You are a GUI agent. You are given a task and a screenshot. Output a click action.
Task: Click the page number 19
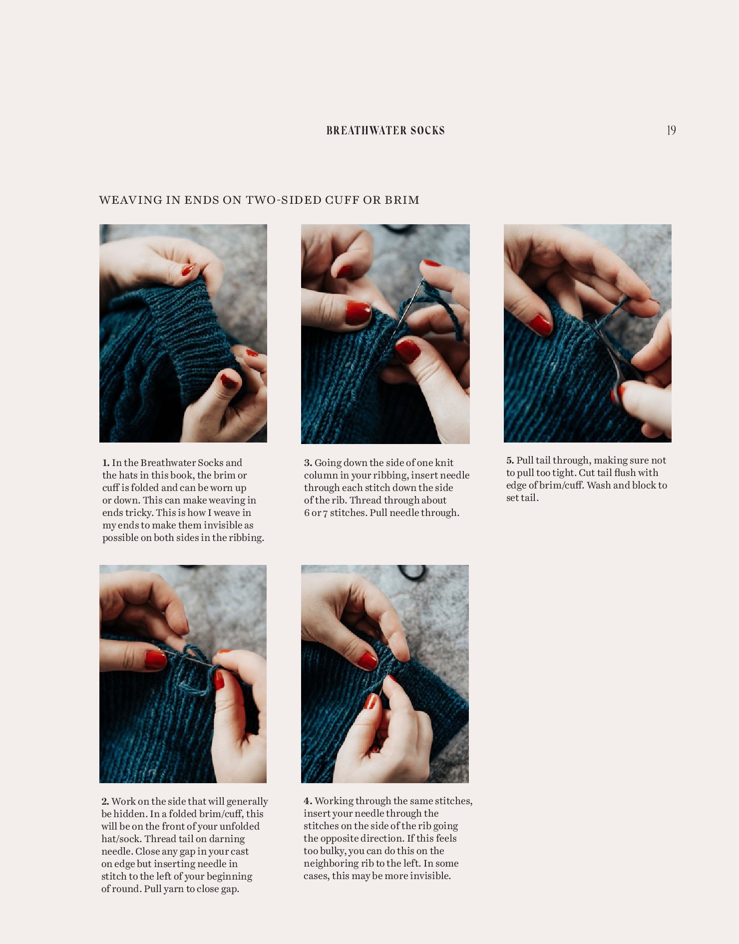coord(672,130)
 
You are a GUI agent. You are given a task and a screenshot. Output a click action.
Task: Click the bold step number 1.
coord(106,463)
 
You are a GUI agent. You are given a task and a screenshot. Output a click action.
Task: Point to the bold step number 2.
coord(105,802)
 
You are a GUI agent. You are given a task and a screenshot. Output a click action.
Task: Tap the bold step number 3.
coord(308,463)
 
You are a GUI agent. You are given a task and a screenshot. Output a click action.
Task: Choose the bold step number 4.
coord(308,801)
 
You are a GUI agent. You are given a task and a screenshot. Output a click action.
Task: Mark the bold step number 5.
coord(510,461)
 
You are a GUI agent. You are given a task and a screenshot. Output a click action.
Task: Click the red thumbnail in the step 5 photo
coord(541,325)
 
